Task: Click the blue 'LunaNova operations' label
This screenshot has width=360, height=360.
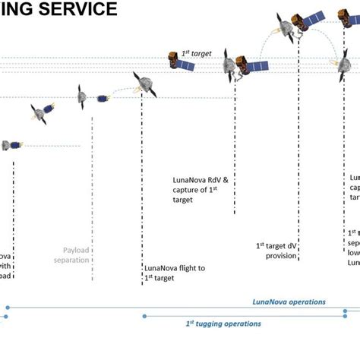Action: (x=289, y=302)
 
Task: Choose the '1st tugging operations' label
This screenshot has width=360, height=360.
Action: (x=223, y=324)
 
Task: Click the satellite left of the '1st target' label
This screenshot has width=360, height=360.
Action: (x=182, y=61)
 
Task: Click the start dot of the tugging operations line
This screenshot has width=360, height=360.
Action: (x=144, y=315)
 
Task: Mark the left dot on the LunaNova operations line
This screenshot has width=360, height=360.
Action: (x=7, y=308)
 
